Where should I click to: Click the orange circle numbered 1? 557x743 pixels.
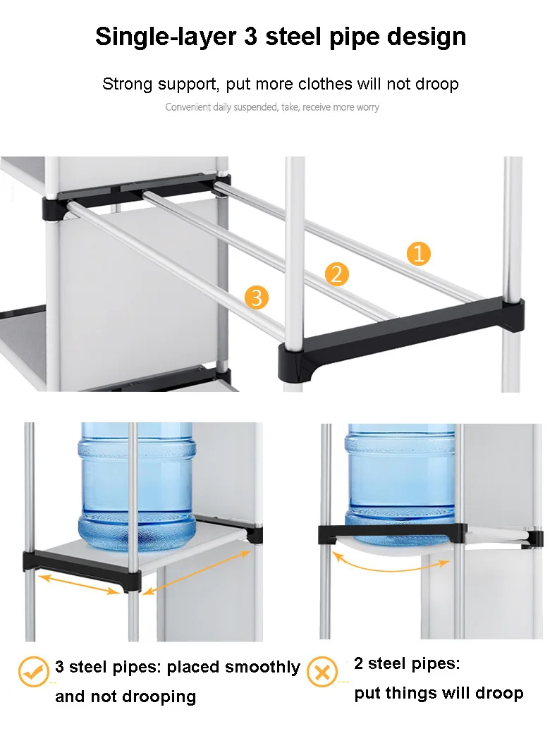419,254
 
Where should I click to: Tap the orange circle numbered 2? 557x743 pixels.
336,274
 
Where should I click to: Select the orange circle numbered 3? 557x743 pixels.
257,297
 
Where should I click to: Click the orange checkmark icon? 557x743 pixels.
34,671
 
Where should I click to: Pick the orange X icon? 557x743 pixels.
322,671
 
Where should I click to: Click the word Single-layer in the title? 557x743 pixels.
166,37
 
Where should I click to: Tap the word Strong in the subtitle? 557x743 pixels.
126,85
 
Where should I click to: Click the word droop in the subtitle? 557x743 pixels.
437,85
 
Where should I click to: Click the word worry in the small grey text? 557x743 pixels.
367,108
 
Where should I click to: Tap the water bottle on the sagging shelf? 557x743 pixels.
400,479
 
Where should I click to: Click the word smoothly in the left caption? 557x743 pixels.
262,668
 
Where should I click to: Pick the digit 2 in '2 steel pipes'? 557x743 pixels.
358,663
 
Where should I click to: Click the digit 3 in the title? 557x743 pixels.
251,37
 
